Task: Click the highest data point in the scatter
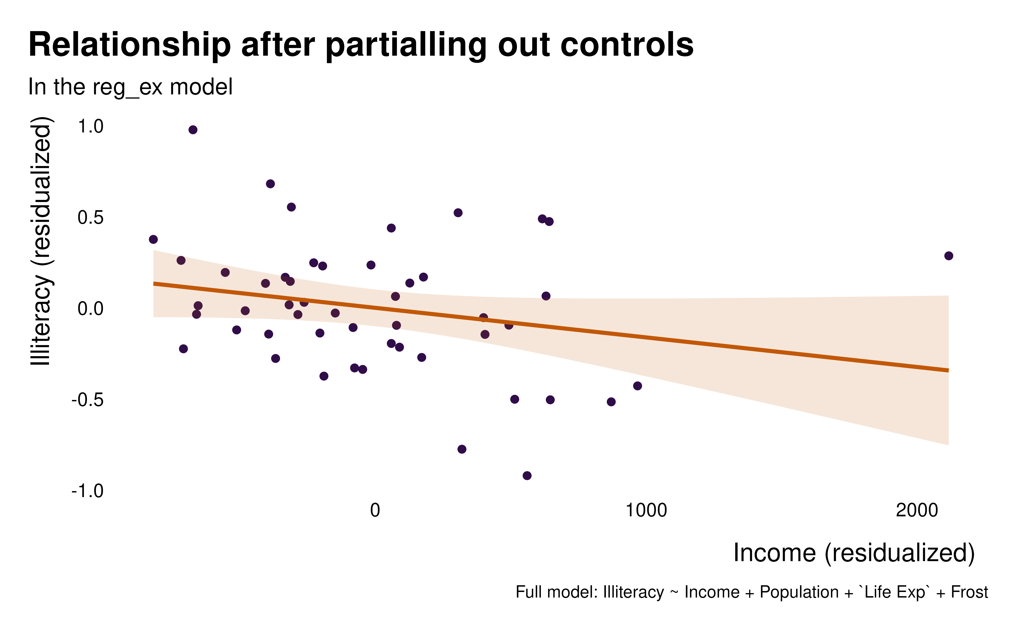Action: (193, 130)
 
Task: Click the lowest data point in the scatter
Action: (527, 476)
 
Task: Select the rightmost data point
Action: (949, 256)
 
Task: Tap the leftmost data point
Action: (153, 239)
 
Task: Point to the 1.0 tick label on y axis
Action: (91, 126)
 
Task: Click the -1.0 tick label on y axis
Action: (88, 491)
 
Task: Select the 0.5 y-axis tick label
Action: (91, 218)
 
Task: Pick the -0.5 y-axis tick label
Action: (88, 400)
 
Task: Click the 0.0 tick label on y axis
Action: (91, 309)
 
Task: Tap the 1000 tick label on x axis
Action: (646, 511)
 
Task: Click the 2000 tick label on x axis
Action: (917, 511)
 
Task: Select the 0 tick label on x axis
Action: (375, 511)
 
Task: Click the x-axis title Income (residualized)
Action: (854, 553)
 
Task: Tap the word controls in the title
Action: (627, 45)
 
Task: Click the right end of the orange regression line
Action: (948, 370)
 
